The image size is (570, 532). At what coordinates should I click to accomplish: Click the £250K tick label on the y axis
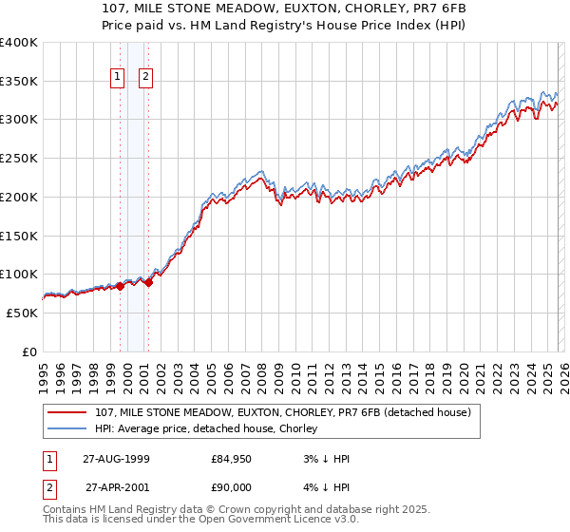pyautogui.click(x=19, y=159)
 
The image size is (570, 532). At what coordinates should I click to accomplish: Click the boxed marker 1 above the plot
pyautogui.click(x=118, y=78)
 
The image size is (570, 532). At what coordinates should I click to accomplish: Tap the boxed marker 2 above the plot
pyautogui.click(x=146, y=78)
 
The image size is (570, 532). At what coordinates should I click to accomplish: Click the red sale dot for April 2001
pyautogui.click(x=149, y=282)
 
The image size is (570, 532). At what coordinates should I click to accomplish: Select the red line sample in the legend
pyautogui.click(x=67, y=412)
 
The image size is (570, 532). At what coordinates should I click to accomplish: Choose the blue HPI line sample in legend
pyautogui.click(x=67, y=428)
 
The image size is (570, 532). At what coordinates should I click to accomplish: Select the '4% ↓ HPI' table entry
pyautogui.click(x=326, y=487)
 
